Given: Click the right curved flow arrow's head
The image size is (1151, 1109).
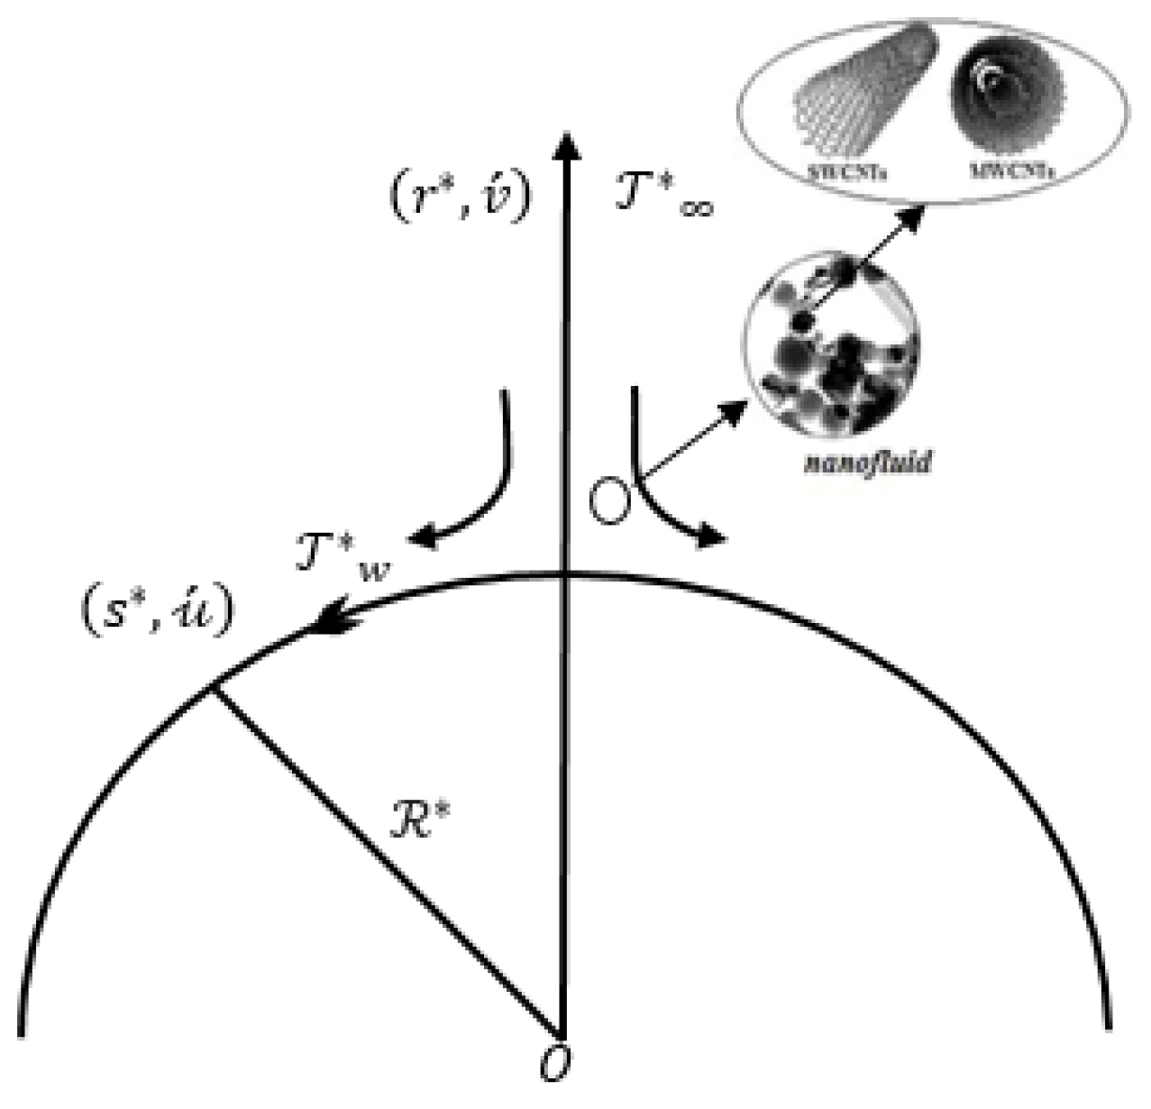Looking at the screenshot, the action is coord(713,538).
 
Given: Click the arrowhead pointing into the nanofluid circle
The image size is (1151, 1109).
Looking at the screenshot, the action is coord(735,412).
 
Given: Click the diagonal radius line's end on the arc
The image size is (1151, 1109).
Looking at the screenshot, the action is coord(213,688).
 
